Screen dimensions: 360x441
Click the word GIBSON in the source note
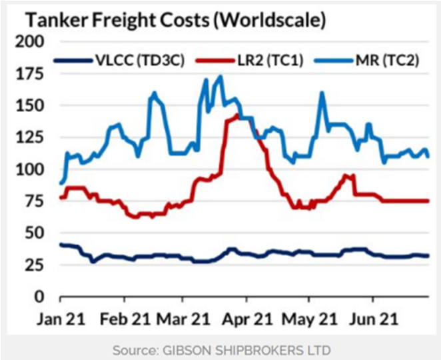tap(199, 349)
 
